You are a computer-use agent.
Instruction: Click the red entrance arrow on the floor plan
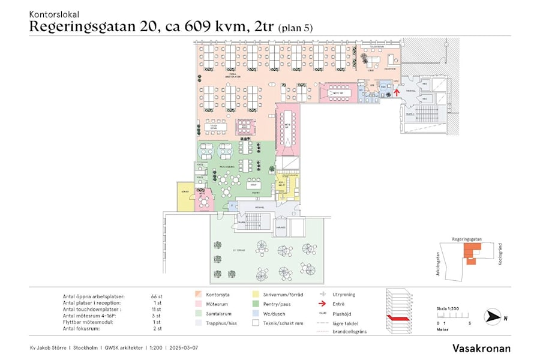(x=397, y=92)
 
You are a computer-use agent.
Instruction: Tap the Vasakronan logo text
(x=482, y=348)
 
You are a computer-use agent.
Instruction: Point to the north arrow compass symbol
(x=493, y=317)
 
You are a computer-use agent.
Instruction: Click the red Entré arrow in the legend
(x=322, y=304)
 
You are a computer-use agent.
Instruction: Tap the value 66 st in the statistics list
(x=157, y=296)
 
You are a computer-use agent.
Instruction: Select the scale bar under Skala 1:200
(x=447, y=316)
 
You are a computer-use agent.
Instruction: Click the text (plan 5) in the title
(x=295, y=27)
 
